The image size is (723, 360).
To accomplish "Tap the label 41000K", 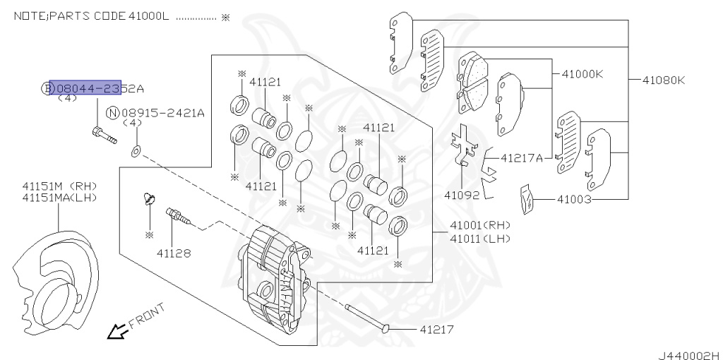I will pyautogui.click(x=582, y=73).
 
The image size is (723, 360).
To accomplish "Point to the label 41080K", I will pyautogui.click(x=663, y=80).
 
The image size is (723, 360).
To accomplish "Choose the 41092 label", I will pyautogui.click(x=462, y=194).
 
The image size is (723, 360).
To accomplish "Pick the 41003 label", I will pyautogui.click(x=574, y=200).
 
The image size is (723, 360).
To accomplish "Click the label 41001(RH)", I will pyautogui.click(x=479, y=225).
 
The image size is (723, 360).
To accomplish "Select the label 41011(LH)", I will pyautogui.click(x=479, y=239).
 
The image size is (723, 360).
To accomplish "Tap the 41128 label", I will pyautogui.click(x=173, y=252).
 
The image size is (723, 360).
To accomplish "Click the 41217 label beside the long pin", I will pyautogui.click(x=436, y=329).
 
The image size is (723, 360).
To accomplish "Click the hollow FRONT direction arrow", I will pyautogui.click(x=115, y=330).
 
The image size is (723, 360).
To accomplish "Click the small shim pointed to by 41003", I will pyautogui.click(x=525, y=198).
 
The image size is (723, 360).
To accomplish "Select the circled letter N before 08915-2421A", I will pyautogui.click(x=112, y=112).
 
